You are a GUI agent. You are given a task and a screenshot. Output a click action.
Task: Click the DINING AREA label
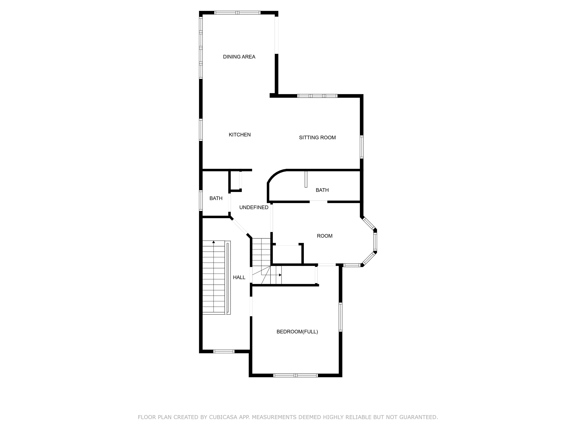tap(239, 57)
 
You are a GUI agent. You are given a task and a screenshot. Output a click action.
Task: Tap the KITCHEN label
tap(240, 135)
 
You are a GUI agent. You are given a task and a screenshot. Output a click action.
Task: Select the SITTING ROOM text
tap(317, 137)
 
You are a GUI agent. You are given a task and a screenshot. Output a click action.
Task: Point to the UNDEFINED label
tap(254, 207)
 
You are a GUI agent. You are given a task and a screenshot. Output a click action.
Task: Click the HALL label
tap(239, 277)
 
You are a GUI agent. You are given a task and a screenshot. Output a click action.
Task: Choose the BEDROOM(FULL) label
tap(297, 331)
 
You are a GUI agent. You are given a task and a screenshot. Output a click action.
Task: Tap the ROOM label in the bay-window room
tap(324, 236)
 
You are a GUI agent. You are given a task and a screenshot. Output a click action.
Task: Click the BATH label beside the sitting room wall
tap(322, 190)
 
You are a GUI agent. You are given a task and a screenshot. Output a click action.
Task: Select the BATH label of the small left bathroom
tap(216, 198)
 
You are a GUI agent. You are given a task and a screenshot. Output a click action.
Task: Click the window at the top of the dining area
tap(237, 13)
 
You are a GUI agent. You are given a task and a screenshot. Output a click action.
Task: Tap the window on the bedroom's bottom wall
tap(295, 375)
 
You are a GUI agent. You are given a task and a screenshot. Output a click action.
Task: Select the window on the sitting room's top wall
tap(317, 96)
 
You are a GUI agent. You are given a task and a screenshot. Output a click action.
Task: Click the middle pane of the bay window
tap(375, 242)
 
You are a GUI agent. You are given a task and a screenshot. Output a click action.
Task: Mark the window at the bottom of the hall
tap(224, 351)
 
